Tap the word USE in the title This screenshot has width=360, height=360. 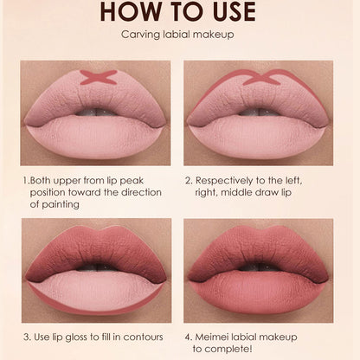tap(228, 12)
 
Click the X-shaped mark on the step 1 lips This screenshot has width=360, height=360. tap(98, 77)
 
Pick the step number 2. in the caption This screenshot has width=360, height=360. tap(190, 181)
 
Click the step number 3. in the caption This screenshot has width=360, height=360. tap(25, 334)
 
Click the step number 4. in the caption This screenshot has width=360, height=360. tap(190, 334)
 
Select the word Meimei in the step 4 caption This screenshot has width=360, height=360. tap(214, 334)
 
